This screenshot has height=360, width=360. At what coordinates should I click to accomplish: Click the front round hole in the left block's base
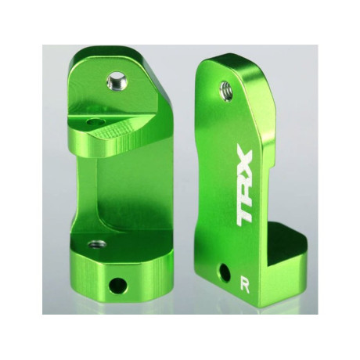[121, 282]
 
